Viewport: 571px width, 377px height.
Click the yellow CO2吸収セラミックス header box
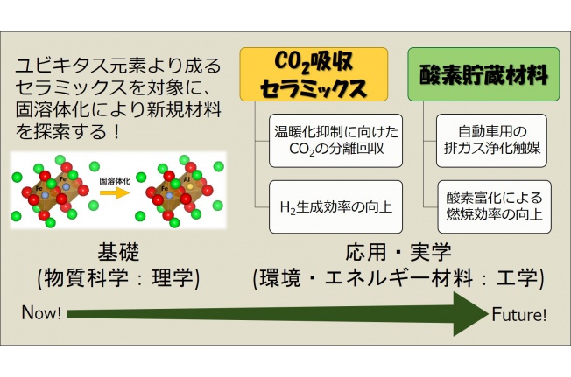click(314, 74)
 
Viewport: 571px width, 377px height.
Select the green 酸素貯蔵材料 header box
click(483, 74)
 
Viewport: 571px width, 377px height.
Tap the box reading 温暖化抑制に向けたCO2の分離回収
click(335, 141)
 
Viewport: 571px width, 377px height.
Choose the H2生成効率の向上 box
click(335, 206)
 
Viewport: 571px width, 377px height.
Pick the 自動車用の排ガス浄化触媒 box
click(491, 141)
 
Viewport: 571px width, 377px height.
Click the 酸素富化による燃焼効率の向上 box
click(494, 206)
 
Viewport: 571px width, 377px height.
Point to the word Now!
click(41, 312)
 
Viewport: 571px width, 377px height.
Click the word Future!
click(519, 315)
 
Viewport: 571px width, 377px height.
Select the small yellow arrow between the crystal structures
click(115, 192)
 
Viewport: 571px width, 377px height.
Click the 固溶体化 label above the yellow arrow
click(115, 181)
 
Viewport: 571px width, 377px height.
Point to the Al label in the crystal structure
click(187, 179)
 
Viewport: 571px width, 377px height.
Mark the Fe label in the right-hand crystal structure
click(165, 188)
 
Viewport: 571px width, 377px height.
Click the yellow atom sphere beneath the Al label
click(190, 186)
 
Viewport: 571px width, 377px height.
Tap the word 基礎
click(118, 252)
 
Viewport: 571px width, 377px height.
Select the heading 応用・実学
click(398, 252)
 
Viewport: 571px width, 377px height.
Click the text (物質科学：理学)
click(118, 278)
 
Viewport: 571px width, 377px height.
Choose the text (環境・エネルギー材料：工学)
click(398, 278)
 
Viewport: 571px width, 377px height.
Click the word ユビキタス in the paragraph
click(58, 66)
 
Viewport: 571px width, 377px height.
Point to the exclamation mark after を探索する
click(116, 131)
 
